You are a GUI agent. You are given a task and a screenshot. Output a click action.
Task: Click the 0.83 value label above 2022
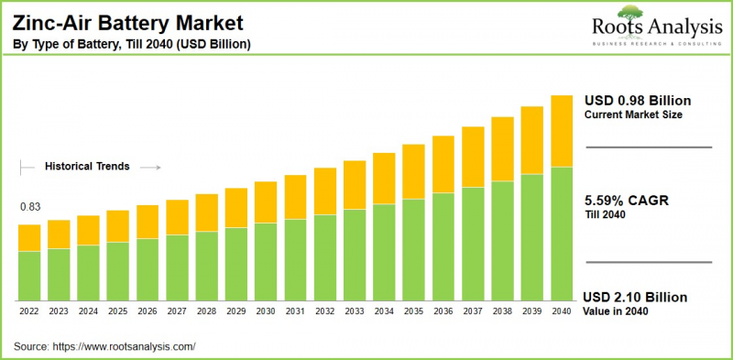(29, 207)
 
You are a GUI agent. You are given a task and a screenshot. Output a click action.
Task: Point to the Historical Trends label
(88, 167)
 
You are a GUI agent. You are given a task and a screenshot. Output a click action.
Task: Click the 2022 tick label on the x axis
(29, 312)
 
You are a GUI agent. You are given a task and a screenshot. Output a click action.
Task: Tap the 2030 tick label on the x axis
(266, 312)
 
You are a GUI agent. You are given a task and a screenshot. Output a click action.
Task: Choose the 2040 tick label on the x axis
(561, 312)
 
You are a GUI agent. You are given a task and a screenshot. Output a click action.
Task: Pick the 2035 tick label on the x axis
(413, 312)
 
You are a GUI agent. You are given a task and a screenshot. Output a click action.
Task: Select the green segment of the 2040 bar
(561, 234)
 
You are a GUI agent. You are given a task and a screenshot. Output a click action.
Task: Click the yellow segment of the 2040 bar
(561, 131)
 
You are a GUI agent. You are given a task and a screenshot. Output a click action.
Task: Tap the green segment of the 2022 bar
(29, 276)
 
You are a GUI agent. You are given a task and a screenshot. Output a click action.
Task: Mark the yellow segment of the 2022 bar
(29, 237)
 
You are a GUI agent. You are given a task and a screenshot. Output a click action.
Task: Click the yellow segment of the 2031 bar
(295, 197)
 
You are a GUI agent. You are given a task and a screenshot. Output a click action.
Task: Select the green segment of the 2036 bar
(443, 246)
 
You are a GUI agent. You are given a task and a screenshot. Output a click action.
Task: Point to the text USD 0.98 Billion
(637, 100)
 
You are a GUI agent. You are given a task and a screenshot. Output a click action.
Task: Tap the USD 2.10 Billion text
(635, 298)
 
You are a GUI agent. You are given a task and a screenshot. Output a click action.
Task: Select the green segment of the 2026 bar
(148, 269)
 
